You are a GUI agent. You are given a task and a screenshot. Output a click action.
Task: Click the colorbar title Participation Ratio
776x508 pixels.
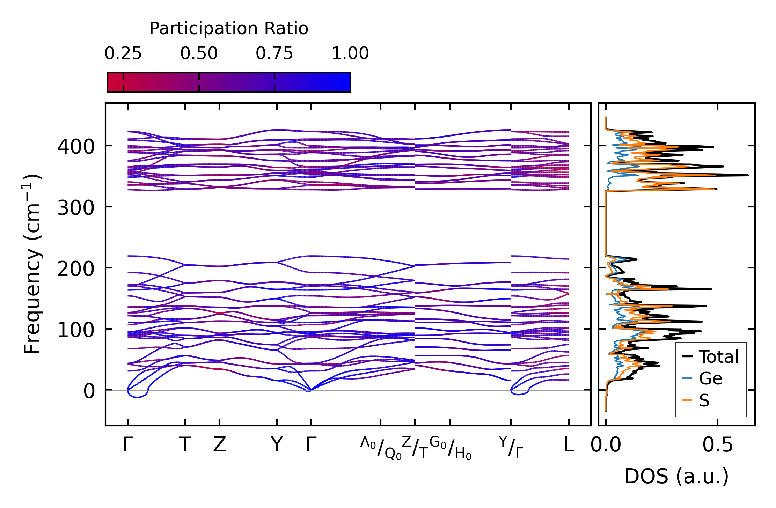pyautogui.click(x=229, y=29)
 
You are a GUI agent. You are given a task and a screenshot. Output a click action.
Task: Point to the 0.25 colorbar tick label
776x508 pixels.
pyautogui.click(x=123, y=54)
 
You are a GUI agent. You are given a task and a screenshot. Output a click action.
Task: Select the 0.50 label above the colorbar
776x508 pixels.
pyautogui.click(x=199, y=54)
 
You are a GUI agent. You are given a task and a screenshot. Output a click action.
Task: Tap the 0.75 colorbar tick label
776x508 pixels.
pyautogui.click(x=274, y=54)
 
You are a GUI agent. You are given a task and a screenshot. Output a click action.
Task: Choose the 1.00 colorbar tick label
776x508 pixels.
pyautogui.click(x=350, y=54)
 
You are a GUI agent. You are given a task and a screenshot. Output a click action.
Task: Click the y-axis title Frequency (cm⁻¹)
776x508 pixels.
pyautogui.click(x=32, y=264)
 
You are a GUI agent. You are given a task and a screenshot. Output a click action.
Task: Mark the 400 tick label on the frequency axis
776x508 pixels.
pyautogui.click(x=76, y=147)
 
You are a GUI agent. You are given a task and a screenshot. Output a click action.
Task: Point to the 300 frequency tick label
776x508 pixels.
pyautogui.click(x=76, y=208)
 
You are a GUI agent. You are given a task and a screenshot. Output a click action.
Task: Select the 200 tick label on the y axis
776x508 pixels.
pyautogui.click(x=76, y=269)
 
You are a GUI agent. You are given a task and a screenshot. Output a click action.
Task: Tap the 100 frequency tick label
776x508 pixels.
pyautogui.click(x=76, y=330)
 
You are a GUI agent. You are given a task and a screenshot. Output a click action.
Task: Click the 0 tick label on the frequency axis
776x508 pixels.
pyautogui.click(x=89, y=391)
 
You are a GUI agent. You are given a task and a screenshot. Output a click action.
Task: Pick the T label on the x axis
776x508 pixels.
pyautogui.click(x=185, y=445)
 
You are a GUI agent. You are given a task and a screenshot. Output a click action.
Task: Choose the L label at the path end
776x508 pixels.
pyautogui.click(x=569, y=445)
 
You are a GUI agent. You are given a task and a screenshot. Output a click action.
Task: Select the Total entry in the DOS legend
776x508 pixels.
pyautogui.click(x=718, y=357)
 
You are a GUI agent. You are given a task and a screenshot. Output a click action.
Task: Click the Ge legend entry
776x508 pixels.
pyautogui.click(x=710, y=378)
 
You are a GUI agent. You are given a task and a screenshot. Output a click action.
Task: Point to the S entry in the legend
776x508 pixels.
pyautogui.click(x=704, y=400)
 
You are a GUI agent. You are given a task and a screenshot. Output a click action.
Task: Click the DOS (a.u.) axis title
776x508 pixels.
pyautogui.click(x=676, y=476)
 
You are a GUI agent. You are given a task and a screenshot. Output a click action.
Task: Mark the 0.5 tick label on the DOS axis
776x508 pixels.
pyautogui.click(x=718, y=445)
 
